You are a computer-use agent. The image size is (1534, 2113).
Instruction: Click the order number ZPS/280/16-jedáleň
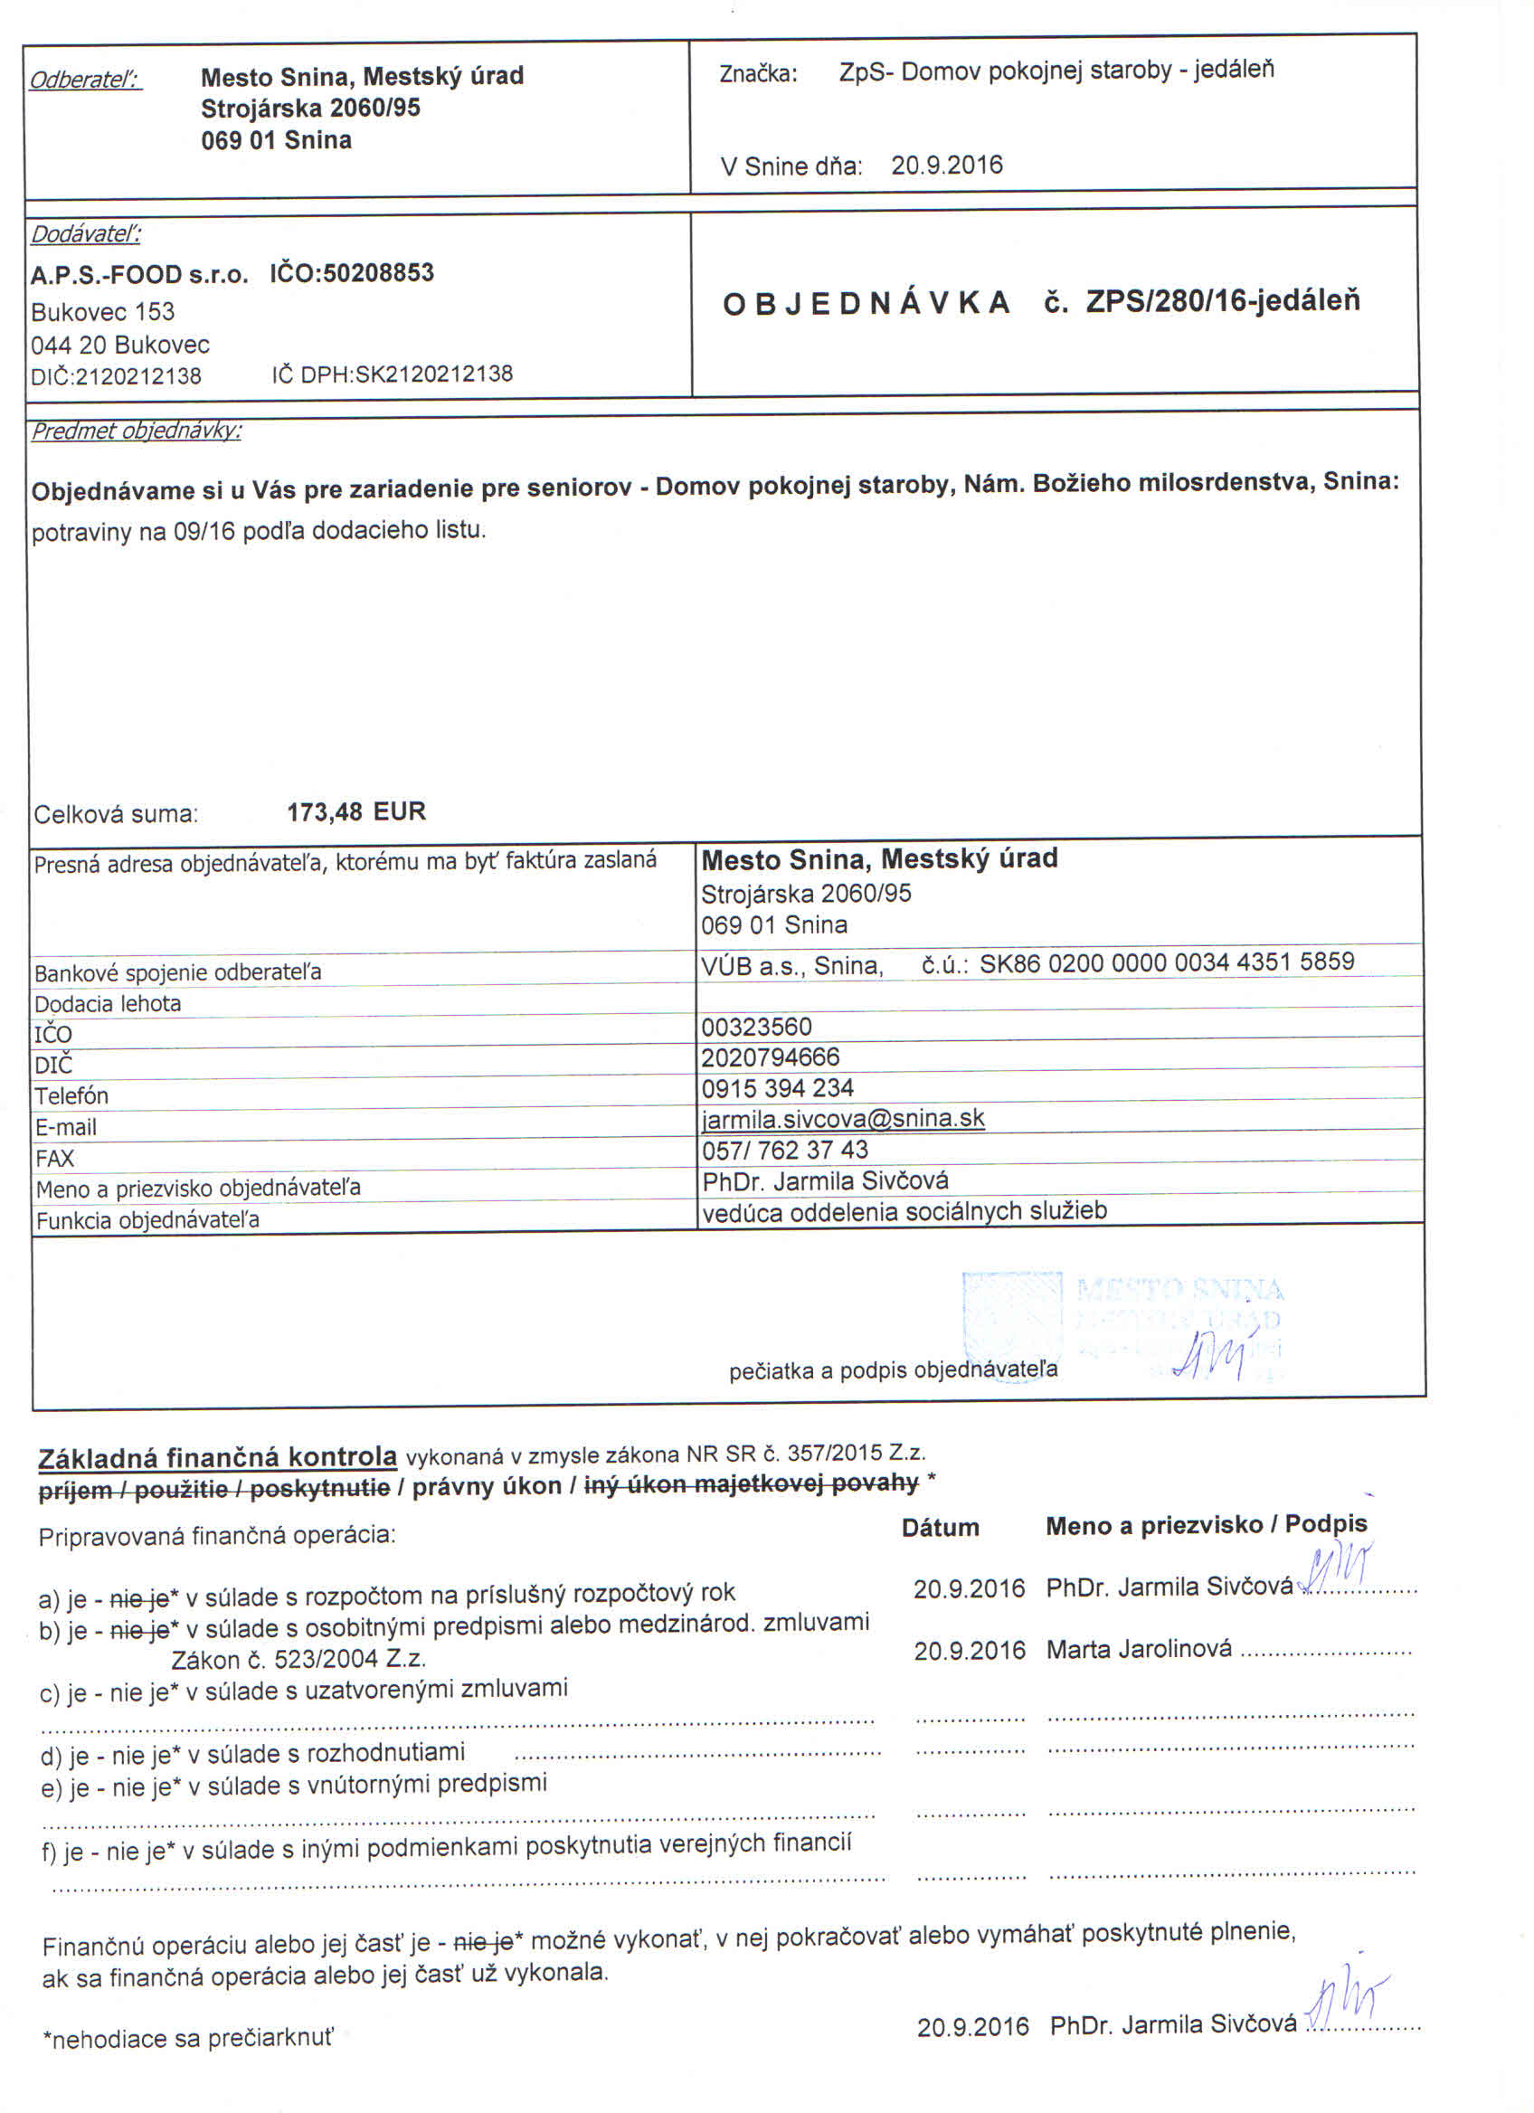pyautogui.click(x=1222, y=301)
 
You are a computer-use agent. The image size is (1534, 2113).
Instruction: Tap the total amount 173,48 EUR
pyautogui.click(x=355, y=811)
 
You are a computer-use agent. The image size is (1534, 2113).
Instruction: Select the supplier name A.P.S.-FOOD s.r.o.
pyautogui.click(x=138, y=276)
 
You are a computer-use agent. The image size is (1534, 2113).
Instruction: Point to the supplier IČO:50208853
pyautogui.click(x=352, y=273)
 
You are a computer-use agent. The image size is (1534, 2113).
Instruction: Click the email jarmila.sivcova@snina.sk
pyautogui.click(x=843, y=1118)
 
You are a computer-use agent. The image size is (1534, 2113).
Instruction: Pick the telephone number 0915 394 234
pyautogui.click(x=778, y=1087)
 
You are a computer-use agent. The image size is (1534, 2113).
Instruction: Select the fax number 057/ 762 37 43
pyautogui.click(x=784, y=1150)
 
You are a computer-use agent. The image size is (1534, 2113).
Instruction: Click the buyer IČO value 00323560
pyautogui.click(x=756, y=1027)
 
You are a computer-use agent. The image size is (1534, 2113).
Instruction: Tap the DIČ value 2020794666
pyautogui.click(x=771, y=1057)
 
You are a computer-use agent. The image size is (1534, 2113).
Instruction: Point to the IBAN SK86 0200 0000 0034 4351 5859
pyautogui.click(x=1166, y=962)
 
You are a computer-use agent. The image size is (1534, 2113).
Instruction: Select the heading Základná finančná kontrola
pyautogui.click(x=217, y=1457)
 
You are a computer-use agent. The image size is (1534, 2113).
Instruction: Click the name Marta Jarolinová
pyautogui.click(x=1138, y=1649)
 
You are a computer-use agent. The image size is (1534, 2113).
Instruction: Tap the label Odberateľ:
pyautogui.click(x=86, y=81)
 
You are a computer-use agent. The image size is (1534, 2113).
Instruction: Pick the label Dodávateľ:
pyautogui.click(x=86, y=234)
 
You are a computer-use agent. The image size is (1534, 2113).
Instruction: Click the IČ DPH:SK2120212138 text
pyautogui.click(x=393, y=374)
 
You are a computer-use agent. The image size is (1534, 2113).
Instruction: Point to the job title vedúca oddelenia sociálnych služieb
pyautogui.click(x=904, y=1211)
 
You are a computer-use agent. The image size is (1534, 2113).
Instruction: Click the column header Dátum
pyautogui.click(x=940, y=1527)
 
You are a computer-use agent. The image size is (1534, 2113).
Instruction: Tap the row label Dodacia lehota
pyautogui.click(x=107, y=1003)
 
